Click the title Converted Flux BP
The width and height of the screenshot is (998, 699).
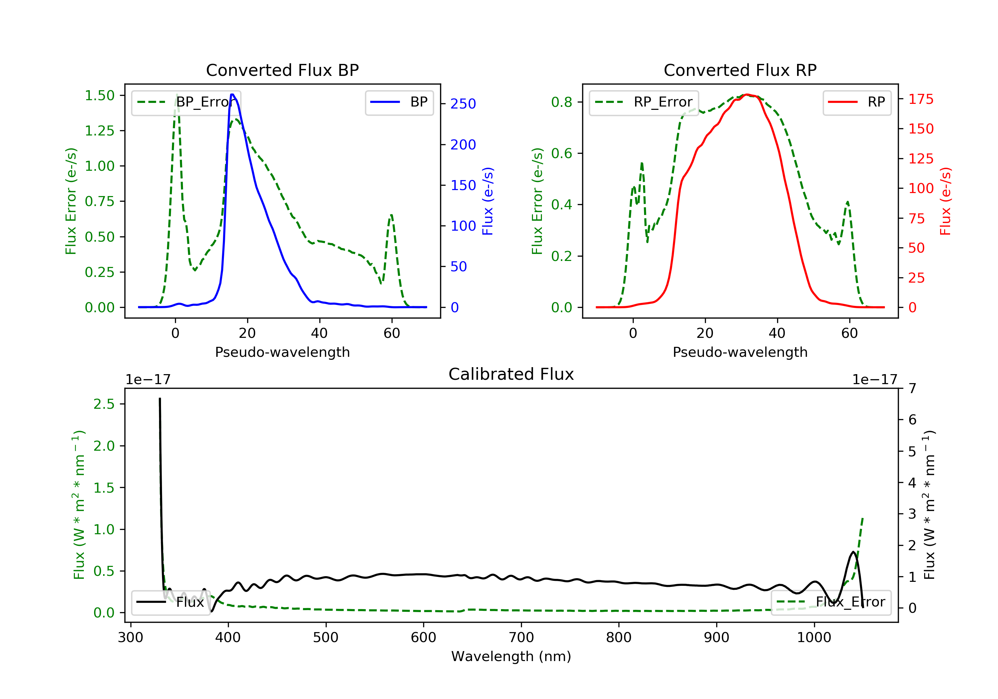click(x=282, y=70)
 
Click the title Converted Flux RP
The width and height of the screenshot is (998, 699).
click(x=740, y=70)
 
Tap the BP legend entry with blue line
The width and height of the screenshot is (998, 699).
click(x=399, y=102)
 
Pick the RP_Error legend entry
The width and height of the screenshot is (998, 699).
click(x=644, y=102)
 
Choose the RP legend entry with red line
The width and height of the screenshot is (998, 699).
click(x=857, y=102)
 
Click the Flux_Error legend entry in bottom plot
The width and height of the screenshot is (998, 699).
click(x=831, y=602)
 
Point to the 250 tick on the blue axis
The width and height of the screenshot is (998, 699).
click(x=463, y=104)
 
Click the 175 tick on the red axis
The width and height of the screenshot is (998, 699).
click(x=920, y=99)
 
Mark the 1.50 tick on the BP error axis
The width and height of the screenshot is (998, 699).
click(x=99, y=96)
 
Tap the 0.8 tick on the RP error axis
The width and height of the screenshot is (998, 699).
click(x=561, y=102)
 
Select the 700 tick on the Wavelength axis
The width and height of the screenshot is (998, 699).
click(x=521, y=638)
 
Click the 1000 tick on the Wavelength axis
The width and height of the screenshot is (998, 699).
click(x=814, y=638)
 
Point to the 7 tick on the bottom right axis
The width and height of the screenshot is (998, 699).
click(x=913, y=388)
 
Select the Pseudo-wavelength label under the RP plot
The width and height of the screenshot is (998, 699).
click(x=740, y=352)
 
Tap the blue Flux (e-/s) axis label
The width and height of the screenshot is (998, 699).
click(x=488, y=201)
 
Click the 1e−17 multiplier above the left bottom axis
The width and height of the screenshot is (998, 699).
click(x=148, y=380)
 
